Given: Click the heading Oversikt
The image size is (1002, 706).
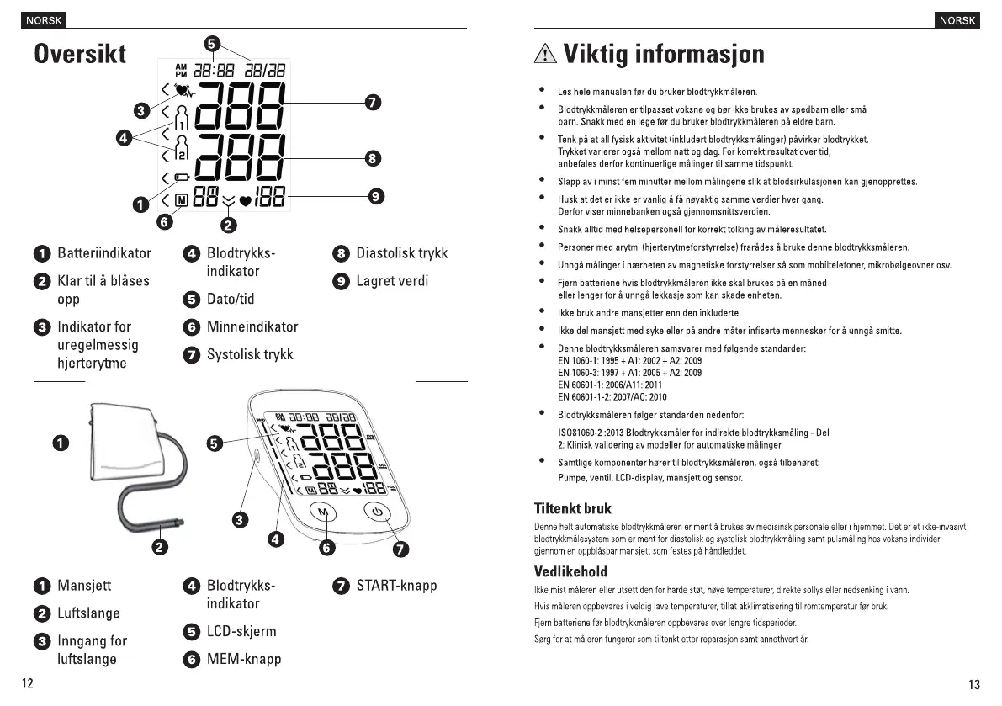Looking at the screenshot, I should [80, 54].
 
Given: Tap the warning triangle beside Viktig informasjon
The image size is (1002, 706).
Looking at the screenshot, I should [545, 55].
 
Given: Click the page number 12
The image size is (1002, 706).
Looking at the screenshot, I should [28, 683].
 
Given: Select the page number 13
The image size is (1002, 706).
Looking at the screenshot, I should [974, 684].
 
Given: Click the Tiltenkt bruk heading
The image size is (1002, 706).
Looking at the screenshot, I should [572, 508].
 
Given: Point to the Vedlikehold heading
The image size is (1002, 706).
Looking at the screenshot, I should [570, 571].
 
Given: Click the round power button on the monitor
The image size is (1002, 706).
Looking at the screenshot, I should [378, 512].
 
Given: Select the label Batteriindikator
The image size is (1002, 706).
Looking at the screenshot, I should [104, 253].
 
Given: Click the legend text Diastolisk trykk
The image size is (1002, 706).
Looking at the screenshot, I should [401, 253].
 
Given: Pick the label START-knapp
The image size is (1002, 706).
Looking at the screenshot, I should [396, 586].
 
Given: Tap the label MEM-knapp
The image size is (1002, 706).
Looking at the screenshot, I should [244, 659].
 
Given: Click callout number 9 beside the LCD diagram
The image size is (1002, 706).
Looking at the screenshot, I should [377, 196].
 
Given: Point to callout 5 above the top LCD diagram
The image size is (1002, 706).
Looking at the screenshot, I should [212, 43].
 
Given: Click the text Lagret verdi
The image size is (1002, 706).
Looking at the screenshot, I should [392, 281].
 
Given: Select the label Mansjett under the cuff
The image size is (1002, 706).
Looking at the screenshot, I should [84, 586].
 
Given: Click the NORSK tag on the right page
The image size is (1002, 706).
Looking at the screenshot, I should [957, 20].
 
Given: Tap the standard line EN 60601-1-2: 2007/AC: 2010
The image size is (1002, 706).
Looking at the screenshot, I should [612, 396].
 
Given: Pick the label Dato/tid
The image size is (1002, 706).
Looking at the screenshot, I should [231, 299].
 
